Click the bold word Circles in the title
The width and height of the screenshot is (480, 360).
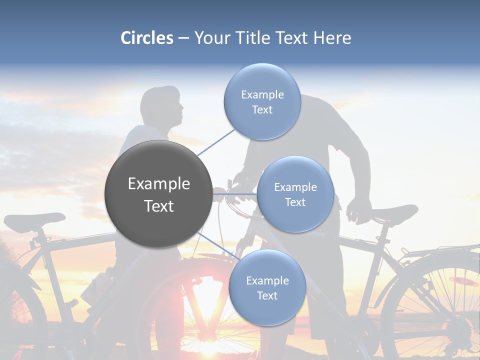point(147,38)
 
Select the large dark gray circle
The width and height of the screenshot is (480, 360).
point(158,194)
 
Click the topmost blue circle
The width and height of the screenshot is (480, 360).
point(262,102)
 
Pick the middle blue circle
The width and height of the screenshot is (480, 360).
point(295,194)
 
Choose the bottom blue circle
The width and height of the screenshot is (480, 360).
point(267,288)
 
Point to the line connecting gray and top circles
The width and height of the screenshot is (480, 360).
point(216,141)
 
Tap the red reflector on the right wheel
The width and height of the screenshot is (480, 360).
point(462,281)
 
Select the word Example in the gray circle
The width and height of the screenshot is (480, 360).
point(158,184)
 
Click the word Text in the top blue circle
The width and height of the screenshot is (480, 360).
point(262,110)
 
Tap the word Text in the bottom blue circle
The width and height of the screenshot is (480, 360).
point(267,296)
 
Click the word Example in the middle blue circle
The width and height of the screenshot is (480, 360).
point(295,187)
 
